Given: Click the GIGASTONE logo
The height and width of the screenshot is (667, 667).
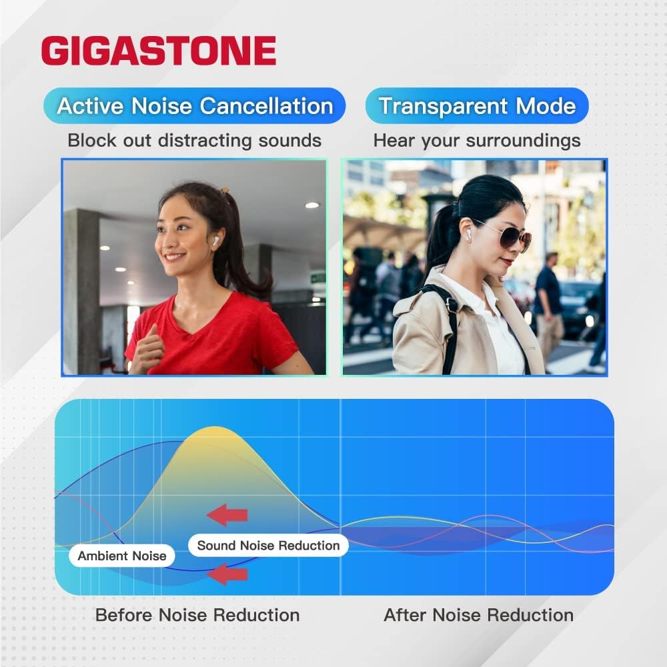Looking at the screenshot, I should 158,51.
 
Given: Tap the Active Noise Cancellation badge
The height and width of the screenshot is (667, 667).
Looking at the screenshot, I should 194,106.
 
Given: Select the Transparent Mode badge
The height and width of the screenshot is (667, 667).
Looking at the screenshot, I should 477,106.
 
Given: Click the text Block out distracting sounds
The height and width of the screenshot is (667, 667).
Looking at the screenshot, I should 194,141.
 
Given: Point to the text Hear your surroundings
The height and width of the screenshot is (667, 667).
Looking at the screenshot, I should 477,141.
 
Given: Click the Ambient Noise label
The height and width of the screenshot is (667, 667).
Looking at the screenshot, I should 122,556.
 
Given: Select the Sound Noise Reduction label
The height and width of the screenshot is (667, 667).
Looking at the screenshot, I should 268,546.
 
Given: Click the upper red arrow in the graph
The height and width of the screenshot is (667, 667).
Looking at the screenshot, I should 227,515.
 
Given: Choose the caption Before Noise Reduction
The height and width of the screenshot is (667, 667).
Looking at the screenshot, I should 197,615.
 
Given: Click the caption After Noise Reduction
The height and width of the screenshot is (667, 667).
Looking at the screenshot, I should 478,615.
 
